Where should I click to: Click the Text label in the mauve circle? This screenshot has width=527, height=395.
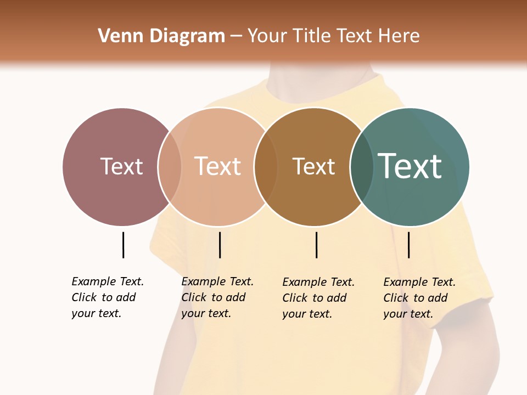tap(121, 166)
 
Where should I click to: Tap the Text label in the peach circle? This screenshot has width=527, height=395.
tap(217, 166)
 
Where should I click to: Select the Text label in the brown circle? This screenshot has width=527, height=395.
tap(313, 166)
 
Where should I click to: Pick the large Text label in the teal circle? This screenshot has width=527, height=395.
tap(410, 166)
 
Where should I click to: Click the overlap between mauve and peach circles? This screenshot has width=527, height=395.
tap(170, 167)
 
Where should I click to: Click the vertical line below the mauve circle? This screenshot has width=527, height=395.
tap(123, 245)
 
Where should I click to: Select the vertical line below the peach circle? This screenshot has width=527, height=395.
tap(220, 245)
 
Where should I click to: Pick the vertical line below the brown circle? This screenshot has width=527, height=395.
tap(316, 245)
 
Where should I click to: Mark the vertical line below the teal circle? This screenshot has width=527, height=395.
tap(408, 245)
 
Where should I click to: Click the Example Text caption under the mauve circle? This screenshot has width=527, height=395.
tap(108, 297)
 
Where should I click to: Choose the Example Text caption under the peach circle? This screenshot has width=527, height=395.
tap(217, 297)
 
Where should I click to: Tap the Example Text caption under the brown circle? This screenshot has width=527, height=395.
tap(318, 298)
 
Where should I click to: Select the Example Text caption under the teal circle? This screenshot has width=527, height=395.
tap(419, 298)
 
